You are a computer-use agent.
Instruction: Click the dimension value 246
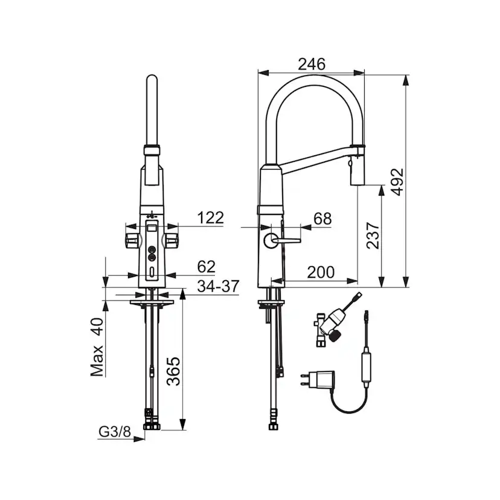pyautogui.click(x=312, y=64)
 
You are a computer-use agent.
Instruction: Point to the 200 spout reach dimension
pyautogui.click(x=320, y=272)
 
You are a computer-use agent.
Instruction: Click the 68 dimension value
pyautogui.click(x=323, y=219)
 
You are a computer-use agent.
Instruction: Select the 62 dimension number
pyautogui.click(x=206, y=267)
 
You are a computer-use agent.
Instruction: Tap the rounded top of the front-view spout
pyautogui.click(x=152, y=82)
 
